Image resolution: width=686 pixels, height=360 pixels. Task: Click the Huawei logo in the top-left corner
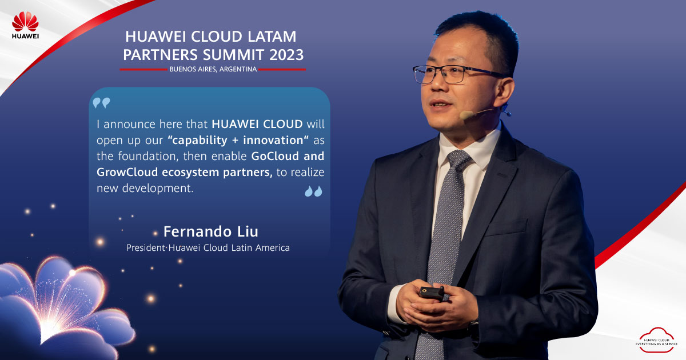[25, 25]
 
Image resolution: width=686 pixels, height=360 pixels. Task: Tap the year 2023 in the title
[286, 55]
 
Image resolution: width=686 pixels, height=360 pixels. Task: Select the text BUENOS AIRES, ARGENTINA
[213, 69]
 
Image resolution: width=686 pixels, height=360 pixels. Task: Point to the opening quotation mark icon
[101, 102]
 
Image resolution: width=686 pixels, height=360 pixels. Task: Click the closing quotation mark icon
[313, 191]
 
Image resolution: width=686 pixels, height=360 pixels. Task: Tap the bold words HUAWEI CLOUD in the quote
[257, 124]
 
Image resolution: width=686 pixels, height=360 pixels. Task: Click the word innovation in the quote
[273, 140]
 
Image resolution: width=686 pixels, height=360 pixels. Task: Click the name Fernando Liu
[211, 231]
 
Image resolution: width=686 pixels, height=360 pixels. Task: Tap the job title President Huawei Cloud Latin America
[208, 247]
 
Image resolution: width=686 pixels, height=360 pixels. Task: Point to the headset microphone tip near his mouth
[466, 115]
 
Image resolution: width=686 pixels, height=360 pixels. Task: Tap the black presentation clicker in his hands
[432, 293]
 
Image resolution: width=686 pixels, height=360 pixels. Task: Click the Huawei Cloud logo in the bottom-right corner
[657, 339]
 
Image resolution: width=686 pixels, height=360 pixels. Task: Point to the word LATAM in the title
[272, 37]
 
